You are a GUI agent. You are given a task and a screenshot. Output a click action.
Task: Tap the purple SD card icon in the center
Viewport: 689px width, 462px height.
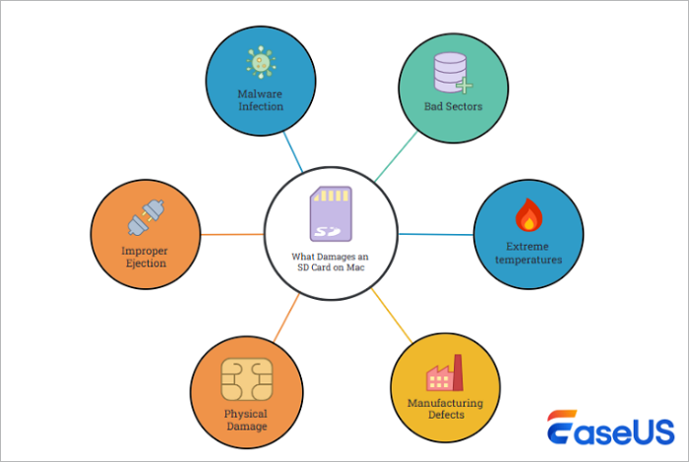click(x=331, y=215)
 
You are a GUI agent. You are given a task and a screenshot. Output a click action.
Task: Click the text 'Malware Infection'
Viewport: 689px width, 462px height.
click(x=260, y=100)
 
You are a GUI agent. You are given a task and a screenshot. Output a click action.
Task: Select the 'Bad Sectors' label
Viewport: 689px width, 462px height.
click(x=454, y=106)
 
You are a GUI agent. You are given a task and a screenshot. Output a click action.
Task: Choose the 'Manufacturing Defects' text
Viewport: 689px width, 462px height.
click(x=446, y=409)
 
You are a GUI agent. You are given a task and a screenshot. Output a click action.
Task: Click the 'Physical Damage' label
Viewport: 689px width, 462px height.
click(x=245, y=421)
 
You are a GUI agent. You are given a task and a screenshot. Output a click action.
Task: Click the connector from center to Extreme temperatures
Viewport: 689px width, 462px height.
click(x=435, y=234)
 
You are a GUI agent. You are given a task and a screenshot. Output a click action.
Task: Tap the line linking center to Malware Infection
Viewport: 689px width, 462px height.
click(x=292, y=154)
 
